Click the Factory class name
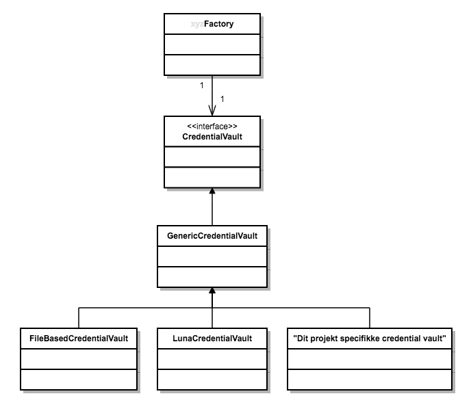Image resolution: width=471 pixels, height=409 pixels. [x=218, y=24]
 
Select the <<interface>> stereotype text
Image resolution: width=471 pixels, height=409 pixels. [x=212, y=126]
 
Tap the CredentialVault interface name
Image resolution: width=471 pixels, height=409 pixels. [x=212, y=136]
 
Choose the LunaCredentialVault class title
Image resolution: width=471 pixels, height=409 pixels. [x=212, y=338]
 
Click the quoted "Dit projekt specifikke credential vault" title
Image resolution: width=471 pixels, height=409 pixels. [x=370, y=338]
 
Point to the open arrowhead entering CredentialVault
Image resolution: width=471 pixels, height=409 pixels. [x=212, y=110]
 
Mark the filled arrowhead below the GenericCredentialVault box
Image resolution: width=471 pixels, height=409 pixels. [x=212, y=291]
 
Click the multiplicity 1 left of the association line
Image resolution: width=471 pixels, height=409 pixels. [x=201, y=85]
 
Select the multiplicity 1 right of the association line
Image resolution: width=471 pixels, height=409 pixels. [x=222, y=99]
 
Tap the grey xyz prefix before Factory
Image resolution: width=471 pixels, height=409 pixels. [x=196, y=24]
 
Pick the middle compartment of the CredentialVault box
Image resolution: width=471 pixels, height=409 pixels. [x=212, y=156]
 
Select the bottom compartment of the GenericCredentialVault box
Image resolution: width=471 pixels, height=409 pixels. [x=212, y=276]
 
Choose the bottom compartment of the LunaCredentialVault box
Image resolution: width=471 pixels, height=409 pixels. [x=212, y=378]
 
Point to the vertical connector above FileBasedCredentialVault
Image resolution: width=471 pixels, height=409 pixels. [x=79, y=318]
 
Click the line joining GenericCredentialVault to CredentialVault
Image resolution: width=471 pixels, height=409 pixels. [x=212, y=212]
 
